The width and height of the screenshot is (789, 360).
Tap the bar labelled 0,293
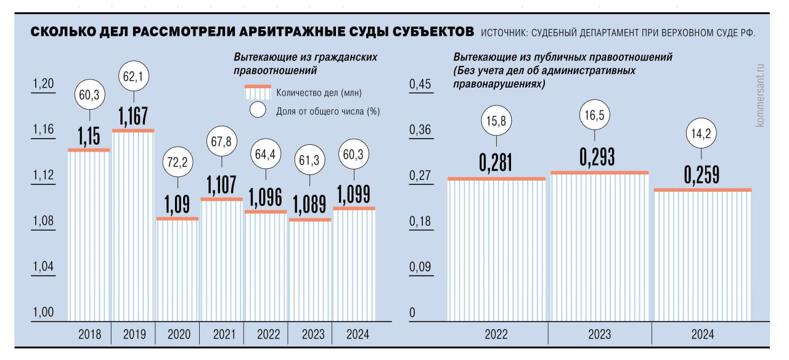[600, 247]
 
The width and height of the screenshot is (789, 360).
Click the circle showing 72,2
[178, 163]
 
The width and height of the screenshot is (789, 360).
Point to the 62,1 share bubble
[133, 77]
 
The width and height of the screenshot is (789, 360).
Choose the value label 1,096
[266, 198]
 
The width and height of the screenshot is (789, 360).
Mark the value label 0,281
[496, 162]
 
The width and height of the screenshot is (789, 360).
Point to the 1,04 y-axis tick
[43, 267]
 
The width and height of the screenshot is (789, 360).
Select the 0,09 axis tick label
[421, 267]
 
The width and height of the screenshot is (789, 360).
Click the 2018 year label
[90, 335]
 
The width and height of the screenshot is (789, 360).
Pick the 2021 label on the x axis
[224, 335]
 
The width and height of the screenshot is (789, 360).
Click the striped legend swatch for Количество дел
[258, 92]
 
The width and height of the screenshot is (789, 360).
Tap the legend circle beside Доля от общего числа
[257, 111]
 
